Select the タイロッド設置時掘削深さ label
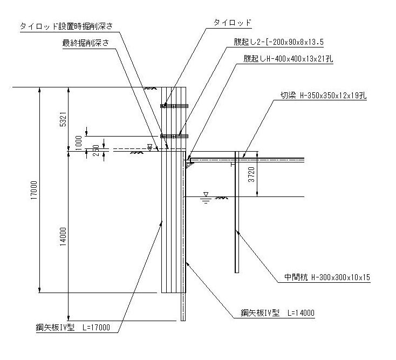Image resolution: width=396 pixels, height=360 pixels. (65, 25)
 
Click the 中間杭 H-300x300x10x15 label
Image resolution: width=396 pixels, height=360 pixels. (327, 278)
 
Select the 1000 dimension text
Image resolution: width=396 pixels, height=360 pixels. (79, 141)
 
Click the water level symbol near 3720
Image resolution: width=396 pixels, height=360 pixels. (206, 196)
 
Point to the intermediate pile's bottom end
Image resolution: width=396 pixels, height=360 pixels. (236, 271)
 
